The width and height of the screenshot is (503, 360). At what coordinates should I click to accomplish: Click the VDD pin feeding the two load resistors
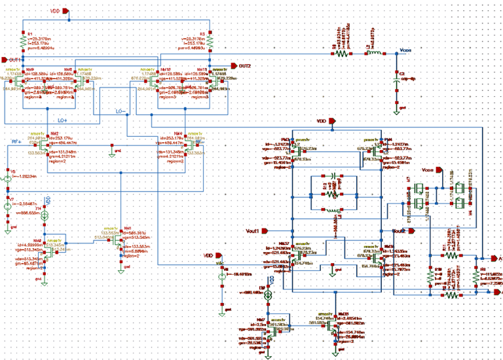64,11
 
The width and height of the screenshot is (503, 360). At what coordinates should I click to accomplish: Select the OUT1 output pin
5,60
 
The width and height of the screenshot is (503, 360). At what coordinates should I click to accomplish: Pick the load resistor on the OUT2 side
210,42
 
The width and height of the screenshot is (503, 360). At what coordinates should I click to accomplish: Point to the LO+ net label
62,120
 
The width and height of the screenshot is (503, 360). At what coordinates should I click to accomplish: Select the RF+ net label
46,200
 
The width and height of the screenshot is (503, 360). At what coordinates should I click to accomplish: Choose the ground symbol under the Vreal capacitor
396,110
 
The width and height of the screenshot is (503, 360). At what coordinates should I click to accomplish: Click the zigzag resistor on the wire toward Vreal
342,54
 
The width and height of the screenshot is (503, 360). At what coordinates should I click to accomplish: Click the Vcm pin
438,170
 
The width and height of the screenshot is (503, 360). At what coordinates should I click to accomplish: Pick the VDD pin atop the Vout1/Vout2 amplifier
331,121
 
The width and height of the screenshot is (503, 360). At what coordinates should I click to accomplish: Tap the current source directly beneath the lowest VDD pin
222,276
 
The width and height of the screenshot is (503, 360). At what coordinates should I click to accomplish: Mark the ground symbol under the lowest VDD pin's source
222,311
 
